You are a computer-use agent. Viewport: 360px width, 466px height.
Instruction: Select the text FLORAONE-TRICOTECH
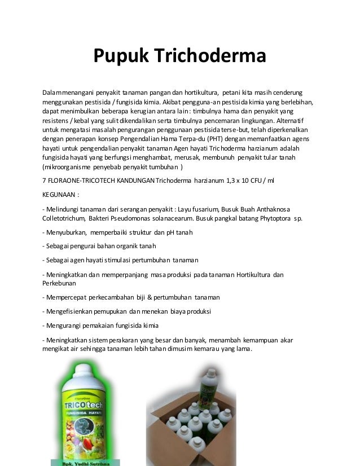pyautogui.click(x=81, y=179)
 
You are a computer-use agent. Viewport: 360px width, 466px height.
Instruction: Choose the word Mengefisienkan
pyautogui.click(x=74, y=311)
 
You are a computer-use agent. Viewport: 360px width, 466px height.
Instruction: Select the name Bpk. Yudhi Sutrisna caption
pyautogui.click(x=82, y=462)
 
